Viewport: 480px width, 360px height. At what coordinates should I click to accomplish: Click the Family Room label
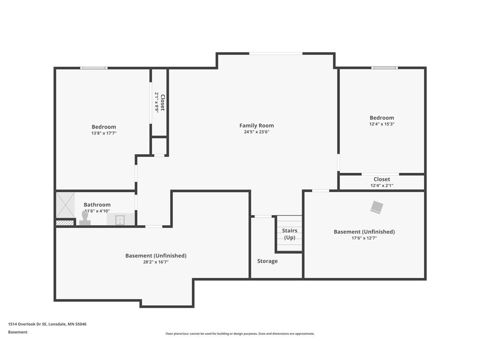[x=256, y=126]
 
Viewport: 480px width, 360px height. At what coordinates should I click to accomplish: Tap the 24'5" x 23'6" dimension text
[x=256, y=132]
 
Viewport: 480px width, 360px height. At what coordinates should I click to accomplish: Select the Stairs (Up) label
[x=290, y=234]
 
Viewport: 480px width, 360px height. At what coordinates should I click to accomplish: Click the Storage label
[x=267, y=261]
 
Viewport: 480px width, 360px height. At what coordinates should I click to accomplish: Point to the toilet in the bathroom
[x=85, y=218]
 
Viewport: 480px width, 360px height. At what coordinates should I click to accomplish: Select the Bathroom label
[x=97, y=205]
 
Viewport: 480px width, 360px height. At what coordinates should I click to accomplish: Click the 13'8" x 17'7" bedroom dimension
[x=104, y=133]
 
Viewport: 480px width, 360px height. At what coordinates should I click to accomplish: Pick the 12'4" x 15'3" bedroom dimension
[x=382, y=124]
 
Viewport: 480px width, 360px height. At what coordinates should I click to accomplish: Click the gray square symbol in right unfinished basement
[x=376, y=207]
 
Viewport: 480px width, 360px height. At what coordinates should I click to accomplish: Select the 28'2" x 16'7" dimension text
[x=156, y=262]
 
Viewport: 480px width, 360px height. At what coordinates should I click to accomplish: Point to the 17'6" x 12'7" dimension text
[x=364, y=238]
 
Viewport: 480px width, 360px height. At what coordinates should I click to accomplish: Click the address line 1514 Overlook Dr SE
[x=47, y=324]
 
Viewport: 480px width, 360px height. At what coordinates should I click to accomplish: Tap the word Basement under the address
[x=18, y=332]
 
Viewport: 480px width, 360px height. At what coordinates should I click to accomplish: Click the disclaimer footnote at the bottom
[x=240, y=334]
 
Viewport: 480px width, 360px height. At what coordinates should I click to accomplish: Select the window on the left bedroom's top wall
[x=94, y=68]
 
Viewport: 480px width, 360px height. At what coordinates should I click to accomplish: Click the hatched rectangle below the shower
[x=65, y=223]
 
